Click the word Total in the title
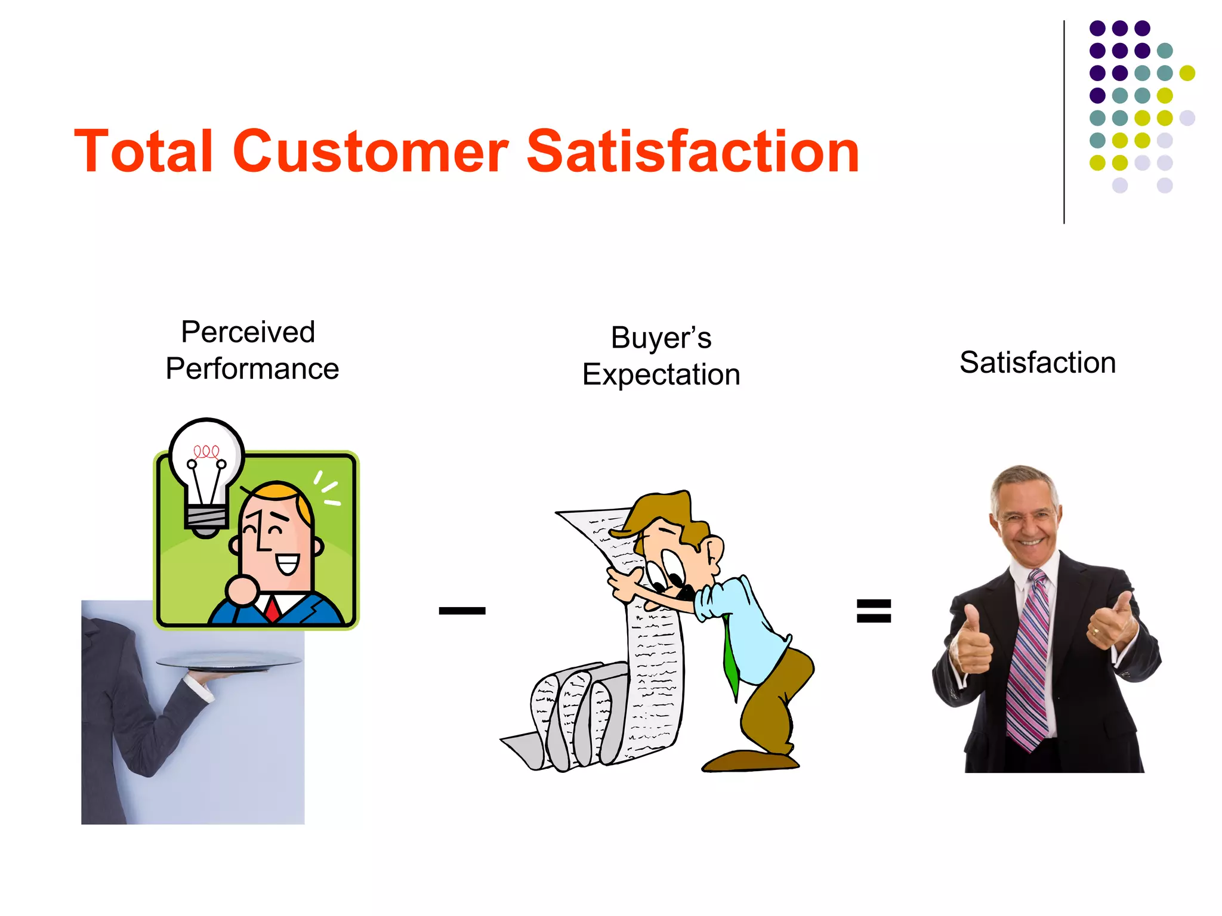[143, 151]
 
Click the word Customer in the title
[371, 151]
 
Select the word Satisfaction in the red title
[692, 151]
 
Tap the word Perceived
[248, 332]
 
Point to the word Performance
[252, 369]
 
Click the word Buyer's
[661, 338]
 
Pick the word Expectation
[661, 375]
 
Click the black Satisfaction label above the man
[1038, 363]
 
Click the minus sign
[462, 610]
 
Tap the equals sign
[874, 611]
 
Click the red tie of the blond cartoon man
[273, 608]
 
